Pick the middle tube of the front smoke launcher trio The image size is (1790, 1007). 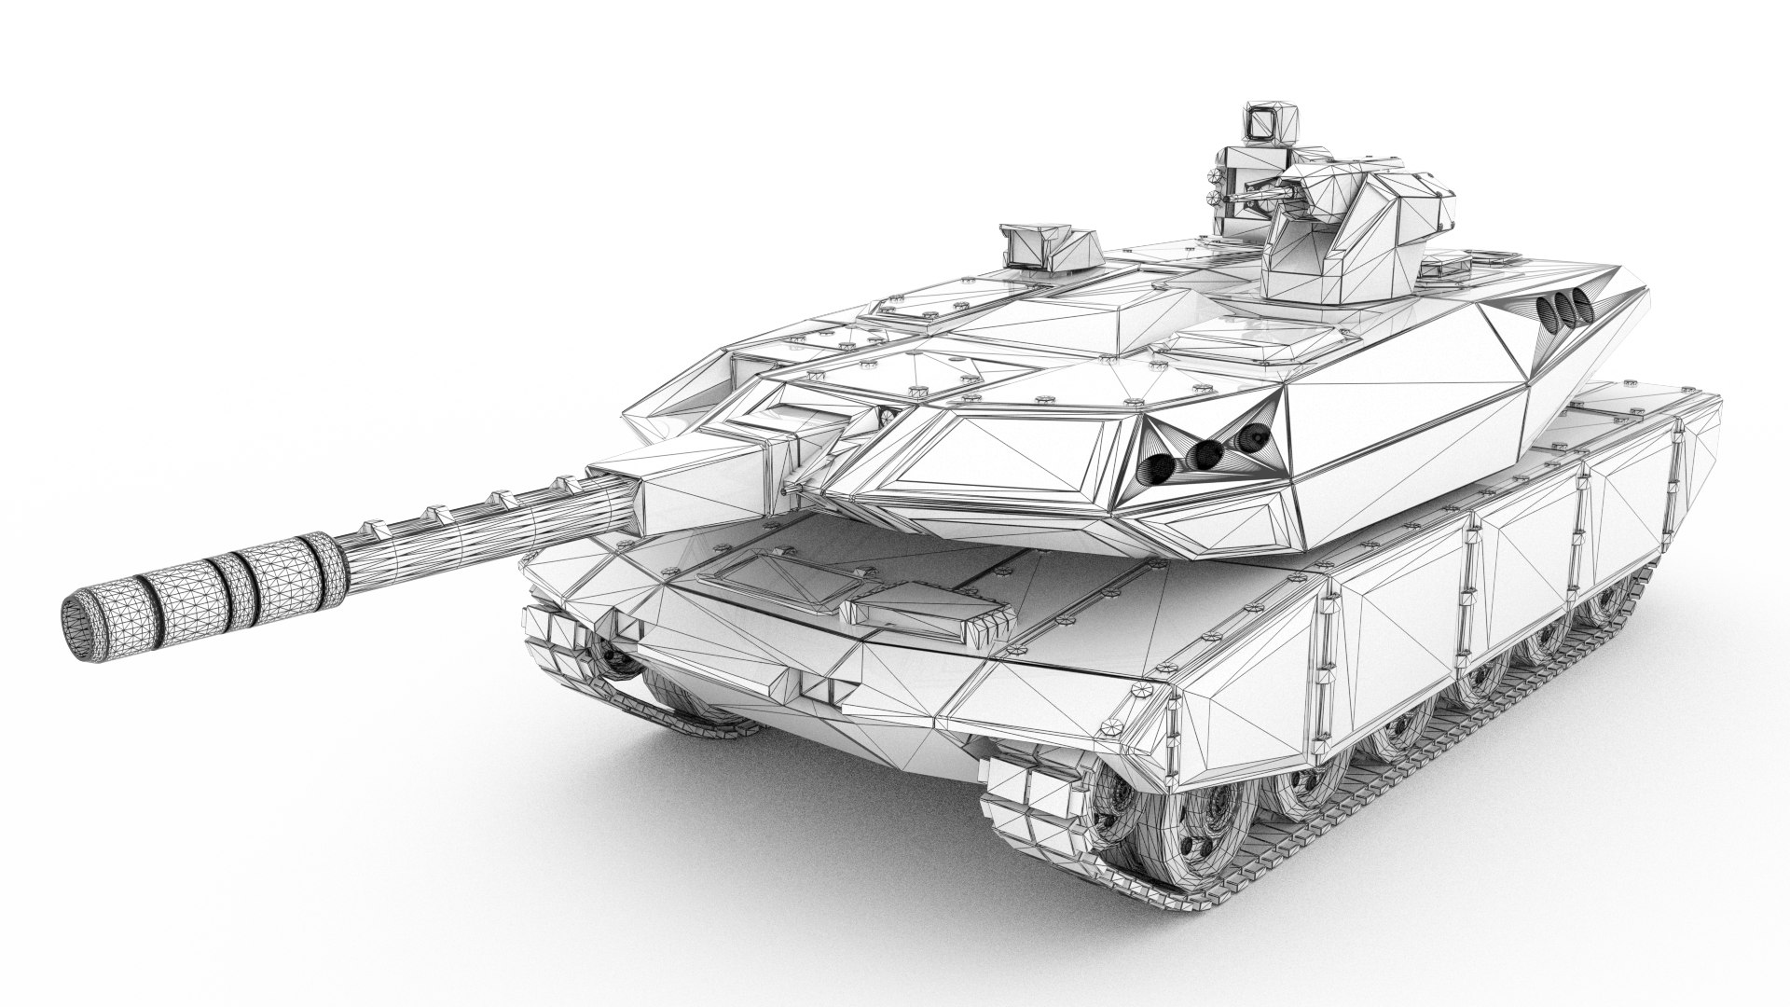point(1209,454)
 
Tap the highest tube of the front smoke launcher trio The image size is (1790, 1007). point(1258,435)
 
